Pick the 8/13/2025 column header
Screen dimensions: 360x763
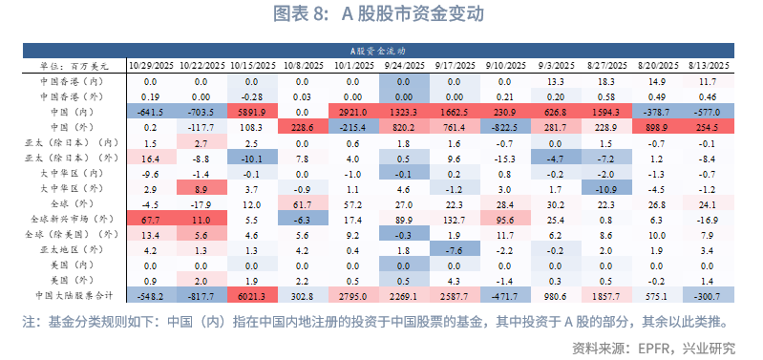(x=709, y=66)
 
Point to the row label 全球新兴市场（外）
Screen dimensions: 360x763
(x=70, y=219)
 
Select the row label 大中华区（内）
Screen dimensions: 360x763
(x=70, y=173)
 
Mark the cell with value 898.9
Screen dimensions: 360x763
(x=657, y=127)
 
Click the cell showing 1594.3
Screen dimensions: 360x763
(x=606, y=112)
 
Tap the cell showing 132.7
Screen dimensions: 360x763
(x=455, y=219)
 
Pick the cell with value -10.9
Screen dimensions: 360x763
(x=606, y=188)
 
